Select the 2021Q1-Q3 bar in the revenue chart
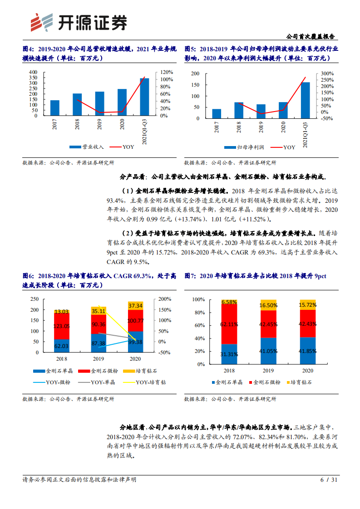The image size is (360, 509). (144, 97)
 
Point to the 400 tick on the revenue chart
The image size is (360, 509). (33, 72)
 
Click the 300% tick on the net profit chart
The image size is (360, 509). (327, 73)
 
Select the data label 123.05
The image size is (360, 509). (62, 326)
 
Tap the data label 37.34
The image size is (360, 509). (136, 306)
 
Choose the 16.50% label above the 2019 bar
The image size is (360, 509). (268, 305)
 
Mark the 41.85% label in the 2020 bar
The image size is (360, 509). (308, 351)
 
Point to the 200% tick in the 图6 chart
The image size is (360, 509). (165, 299)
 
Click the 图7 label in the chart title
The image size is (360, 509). (190, 276)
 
